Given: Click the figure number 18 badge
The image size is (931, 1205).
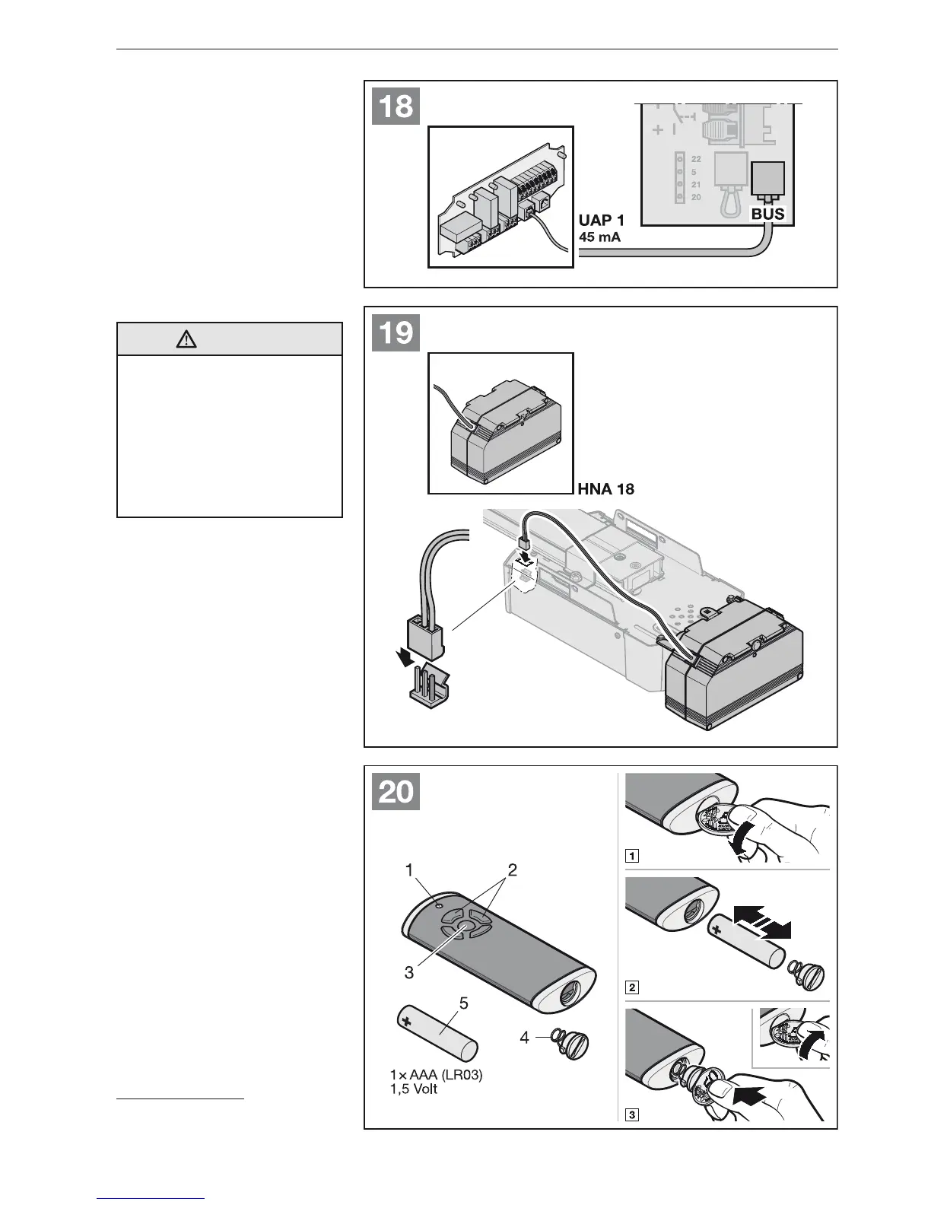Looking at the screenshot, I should coord(396,107).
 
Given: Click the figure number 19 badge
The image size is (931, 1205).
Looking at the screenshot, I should coord(396,333).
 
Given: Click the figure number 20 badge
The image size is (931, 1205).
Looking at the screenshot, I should coord(396,793).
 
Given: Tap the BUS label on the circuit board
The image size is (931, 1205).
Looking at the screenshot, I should coord(767,215).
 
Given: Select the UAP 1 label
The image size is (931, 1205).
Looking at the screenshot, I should coord(602,221).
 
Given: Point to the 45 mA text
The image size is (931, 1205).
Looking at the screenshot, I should coord(600,237).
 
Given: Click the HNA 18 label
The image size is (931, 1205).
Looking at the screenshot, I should coord(606,489).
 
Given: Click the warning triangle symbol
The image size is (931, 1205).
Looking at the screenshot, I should coord(186,340).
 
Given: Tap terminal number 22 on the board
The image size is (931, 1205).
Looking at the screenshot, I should coord(696,159).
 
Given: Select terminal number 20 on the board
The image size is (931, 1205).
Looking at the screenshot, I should coord(696,197).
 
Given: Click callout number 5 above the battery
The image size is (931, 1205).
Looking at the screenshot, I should coord(463,1003).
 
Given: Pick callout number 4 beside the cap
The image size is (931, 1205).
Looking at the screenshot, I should coord(525,1036).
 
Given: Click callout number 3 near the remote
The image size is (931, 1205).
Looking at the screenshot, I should coord(408,972).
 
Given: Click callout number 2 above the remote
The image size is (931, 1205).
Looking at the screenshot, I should coord(512,870).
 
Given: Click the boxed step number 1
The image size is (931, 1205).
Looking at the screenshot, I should coord(631,854).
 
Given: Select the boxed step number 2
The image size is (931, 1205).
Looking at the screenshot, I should coord(631,988).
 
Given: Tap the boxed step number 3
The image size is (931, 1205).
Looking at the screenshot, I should coord(631,1116).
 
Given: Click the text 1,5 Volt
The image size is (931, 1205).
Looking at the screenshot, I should coord(414,1089).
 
